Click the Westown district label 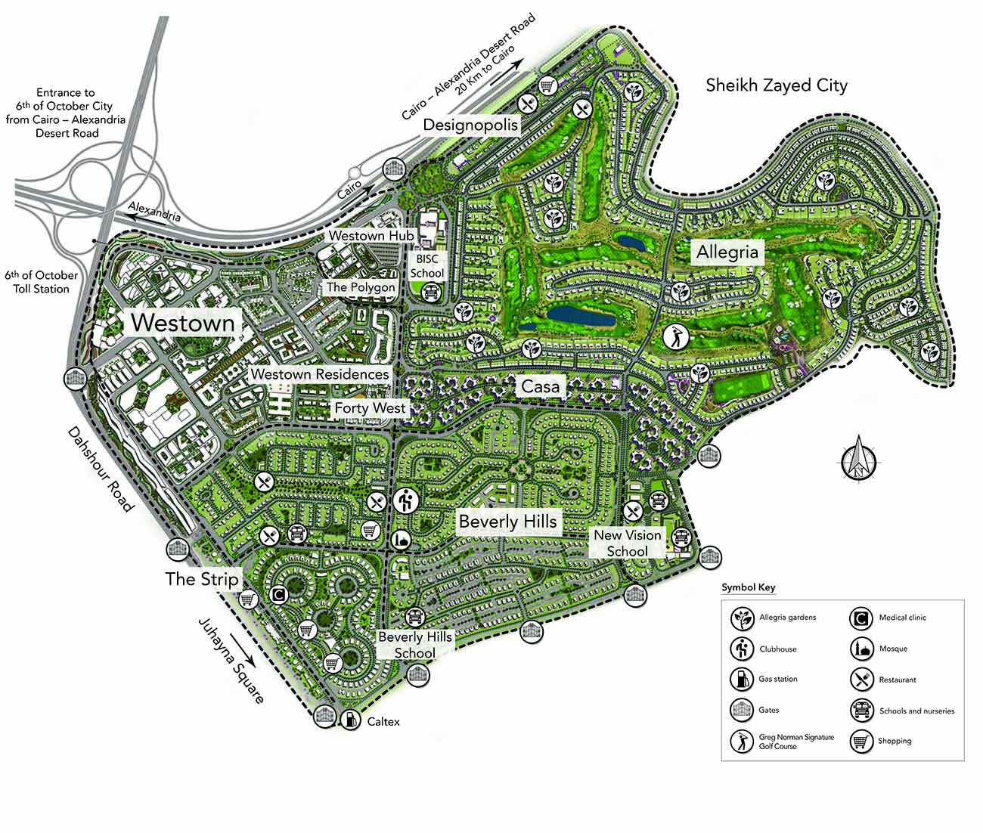(182, 323)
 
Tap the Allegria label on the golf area (727, 252)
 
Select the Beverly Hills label (507, 522)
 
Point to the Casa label (541, 387)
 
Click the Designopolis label (470, 125)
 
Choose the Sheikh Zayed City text (777, 85)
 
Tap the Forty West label (371, 408)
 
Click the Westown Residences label (320, 374)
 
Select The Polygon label (361, 287)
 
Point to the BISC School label (427, 265)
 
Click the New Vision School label (628, 543)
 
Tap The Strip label (202, 579)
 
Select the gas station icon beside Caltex (350, 720)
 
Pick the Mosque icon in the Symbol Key (861, 649)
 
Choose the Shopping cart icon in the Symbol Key (861, 741)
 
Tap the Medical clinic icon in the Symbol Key (861, 618)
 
